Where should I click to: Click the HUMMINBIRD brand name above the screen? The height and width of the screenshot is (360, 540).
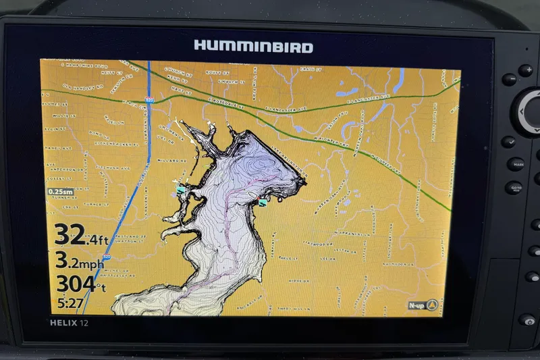[253, 47]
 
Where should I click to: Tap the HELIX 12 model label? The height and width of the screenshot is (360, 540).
[69, 323]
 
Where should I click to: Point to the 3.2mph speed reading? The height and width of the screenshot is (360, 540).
[80, 260]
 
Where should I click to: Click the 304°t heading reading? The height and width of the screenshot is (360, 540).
[79, 284]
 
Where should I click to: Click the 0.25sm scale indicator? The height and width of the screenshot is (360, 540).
[60, 192]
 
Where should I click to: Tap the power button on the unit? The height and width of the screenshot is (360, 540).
[527, 320]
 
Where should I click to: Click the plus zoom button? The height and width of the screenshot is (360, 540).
[525, 70]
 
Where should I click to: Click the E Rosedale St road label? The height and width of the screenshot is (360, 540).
[226, 103]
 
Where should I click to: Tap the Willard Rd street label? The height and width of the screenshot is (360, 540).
[173, 161]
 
